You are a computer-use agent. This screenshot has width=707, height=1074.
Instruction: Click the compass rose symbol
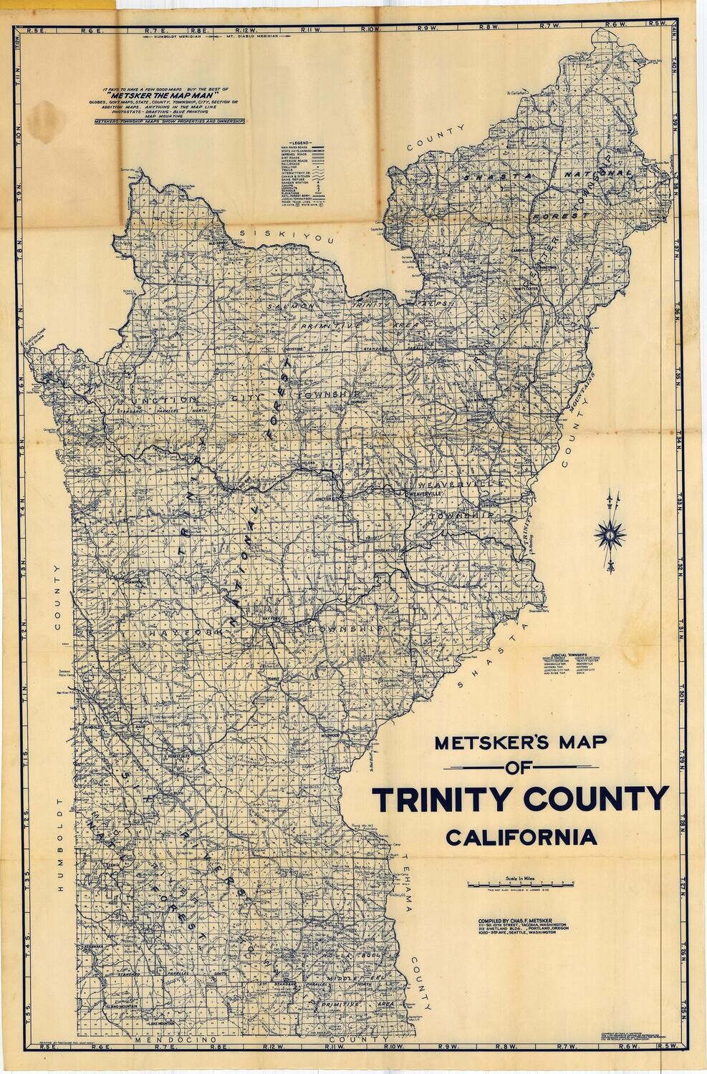click(x=610, y=533)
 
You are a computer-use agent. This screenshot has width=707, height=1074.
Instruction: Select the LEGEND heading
click(x=301, y=143)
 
